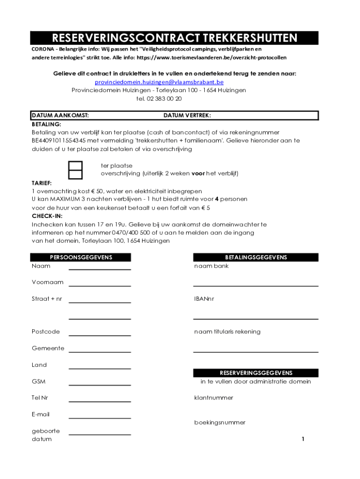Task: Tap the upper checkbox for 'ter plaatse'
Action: (75, 166)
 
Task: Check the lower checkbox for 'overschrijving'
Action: (75, 174)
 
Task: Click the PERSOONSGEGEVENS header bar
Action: (81, 257)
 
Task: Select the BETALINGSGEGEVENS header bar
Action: (256, 257)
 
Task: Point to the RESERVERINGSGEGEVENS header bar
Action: (256, 373)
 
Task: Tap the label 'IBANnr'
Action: (204, 299)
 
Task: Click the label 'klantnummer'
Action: (214, 398)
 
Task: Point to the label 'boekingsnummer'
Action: (220, 422)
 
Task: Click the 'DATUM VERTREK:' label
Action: (187, 115)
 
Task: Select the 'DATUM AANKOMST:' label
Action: (60, 115)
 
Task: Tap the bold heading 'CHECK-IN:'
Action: (47, 216)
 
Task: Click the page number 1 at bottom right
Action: (303, 439)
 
